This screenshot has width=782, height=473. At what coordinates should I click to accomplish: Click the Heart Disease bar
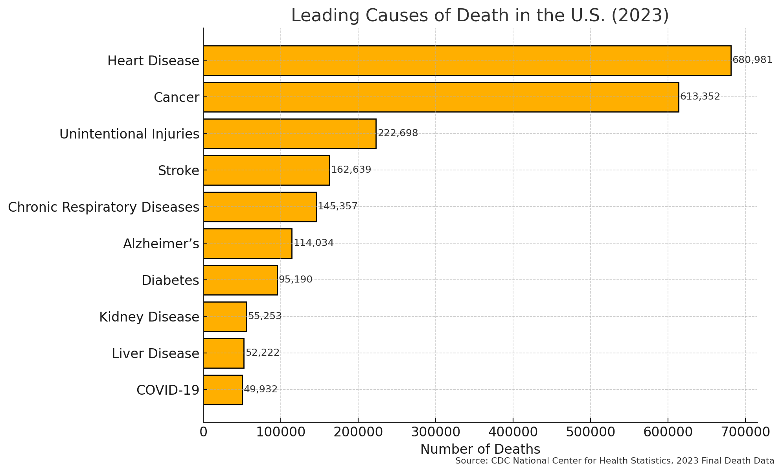(x=467, y=61)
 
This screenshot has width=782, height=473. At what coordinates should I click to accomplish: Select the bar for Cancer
(x=441, y=97)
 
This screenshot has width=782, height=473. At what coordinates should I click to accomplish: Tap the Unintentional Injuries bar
(x=289, y=134)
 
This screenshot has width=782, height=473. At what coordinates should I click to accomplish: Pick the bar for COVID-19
(x=223, y=390)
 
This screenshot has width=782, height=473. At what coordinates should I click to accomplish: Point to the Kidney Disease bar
(x=224, y=317)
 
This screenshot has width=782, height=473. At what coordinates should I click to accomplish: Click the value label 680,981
(x=752, y=60)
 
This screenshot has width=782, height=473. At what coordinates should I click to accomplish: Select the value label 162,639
(x=351, y=170)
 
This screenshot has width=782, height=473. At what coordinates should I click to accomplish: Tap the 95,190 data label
(x=295, y=280)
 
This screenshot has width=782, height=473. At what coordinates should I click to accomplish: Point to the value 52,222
(x=262, y=353)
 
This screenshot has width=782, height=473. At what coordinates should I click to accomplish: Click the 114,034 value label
(x=313, y=243)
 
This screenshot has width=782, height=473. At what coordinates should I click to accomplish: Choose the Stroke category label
(x=178, y=171)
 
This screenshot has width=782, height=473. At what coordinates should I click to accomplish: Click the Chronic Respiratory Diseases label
(x=103, y=207)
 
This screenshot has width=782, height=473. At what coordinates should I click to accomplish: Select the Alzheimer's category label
(x=161, y=244)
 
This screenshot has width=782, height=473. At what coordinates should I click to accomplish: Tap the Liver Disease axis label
(x=155, y=354)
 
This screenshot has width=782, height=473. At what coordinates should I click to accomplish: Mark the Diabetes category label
(x=170, y=281)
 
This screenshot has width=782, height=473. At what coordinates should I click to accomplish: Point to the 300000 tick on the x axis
(x=435, y=432)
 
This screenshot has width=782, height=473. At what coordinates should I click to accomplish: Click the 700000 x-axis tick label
(x=745, y=432)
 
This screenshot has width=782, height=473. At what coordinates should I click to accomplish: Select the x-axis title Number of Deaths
(x=480, y=449)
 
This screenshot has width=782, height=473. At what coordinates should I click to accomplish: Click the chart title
(x=480, y=16)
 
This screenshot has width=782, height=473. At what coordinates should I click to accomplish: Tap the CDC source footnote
(x=615, y=461)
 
